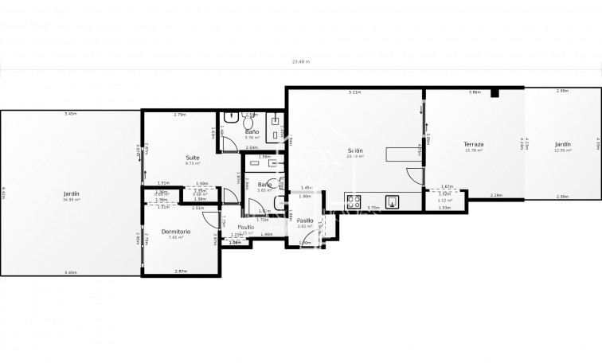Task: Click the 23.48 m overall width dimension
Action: (x=300, y=61)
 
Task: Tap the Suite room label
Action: (x=193, y=158)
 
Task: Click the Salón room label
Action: (x=355, y=150)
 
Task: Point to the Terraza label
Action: (x=475, y=144)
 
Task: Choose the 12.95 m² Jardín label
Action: (x=563, y=144)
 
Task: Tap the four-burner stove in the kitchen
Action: (x=354, y=201)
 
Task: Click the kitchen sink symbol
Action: (x=393, y=201)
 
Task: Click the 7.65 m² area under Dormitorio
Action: (x=176, y=237)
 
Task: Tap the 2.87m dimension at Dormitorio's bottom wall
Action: (x=182, y=272)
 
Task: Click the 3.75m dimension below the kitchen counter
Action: (x=372, y=209)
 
